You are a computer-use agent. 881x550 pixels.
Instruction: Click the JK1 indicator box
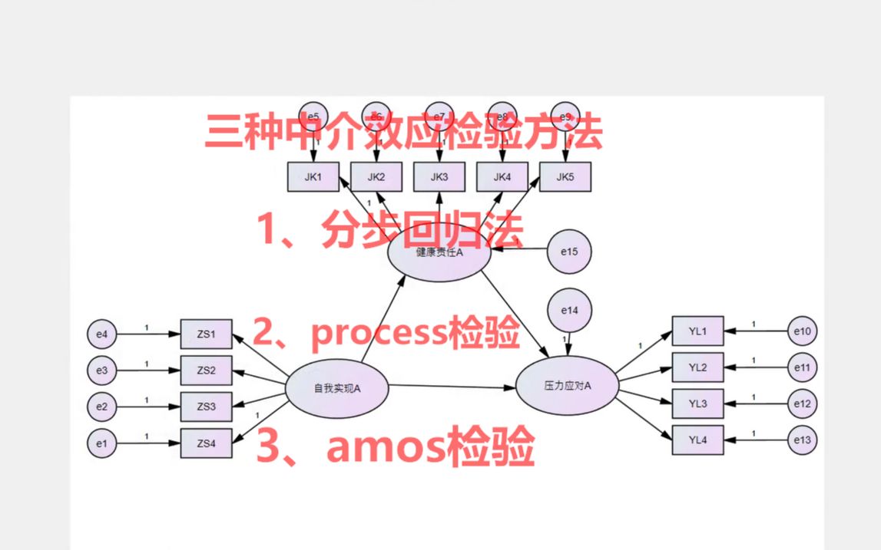point(312,177)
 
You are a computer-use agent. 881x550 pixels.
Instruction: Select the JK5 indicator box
point(565,177)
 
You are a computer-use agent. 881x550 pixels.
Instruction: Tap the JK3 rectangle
point(439,177)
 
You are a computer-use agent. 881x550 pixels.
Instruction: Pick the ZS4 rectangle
point(206,443)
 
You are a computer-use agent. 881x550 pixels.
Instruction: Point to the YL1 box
point(697,331)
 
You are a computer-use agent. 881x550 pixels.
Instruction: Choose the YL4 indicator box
point(697,440)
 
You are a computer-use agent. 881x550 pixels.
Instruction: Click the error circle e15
point(569,251)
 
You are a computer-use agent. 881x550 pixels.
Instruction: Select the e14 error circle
point(569,311)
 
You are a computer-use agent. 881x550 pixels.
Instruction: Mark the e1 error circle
point(102,443)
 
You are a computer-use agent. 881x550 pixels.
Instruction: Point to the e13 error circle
point(803,440)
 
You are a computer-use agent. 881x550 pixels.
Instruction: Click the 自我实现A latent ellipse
point(336,388)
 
